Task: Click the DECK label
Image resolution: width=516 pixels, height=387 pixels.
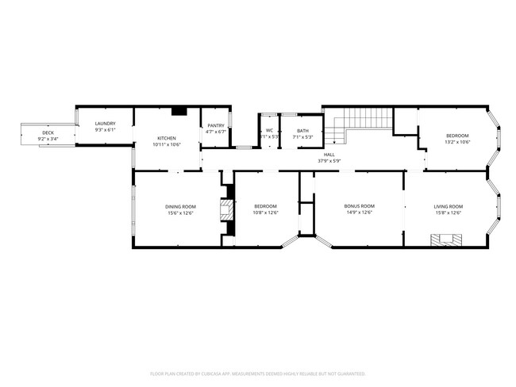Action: pos(48,132)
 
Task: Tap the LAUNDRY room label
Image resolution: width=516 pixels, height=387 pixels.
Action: pos(106,123)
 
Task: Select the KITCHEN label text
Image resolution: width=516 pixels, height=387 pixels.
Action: pos(167,138)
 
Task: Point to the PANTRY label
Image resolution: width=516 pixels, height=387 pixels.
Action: pos(216,125)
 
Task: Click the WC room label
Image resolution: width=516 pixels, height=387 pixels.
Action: pos(270,131)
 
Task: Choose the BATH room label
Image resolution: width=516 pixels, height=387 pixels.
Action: pos(303,131)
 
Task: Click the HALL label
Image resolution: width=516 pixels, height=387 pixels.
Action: pos(329,155)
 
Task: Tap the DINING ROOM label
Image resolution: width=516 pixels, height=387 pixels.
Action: pos(181,206)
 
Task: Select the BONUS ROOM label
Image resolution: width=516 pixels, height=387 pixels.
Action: pos(359,206)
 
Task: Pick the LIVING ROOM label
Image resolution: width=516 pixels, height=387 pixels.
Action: pos(448,206)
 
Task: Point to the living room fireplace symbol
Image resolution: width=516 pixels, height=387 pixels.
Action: pos(445,239)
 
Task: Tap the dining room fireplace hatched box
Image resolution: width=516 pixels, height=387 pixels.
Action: pos(228,210)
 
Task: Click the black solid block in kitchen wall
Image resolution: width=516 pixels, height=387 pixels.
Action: pos(179,111)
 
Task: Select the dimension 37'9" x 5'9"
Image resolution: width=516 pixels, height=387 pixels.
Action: pos(329,162)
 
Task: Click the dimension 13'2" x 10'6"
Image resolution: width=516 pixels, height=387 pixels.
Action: pos(457,142)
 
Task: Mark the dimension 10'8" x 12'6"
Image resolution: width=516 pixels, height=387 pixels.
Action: pos(264,213)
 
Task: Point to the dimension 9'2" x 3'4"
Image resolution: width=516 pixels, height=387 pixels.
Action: pos(48,139)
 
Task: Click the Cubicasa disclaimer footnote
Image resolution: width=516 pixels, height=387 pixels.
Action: pos(258,373)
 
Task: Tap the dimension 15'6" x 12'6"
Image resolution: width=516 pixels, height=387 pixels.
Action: pos(181,213)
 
